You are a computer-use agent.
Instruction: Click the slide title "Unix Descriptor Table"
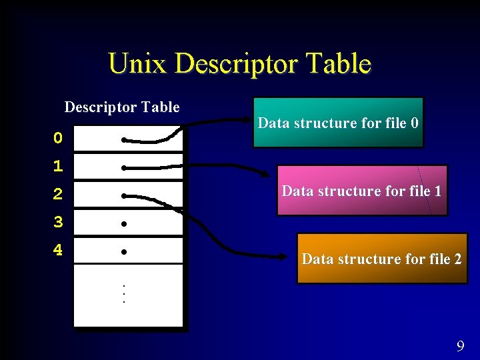coord(239,64)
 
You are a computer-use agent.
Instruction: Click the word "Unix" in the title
coord(137,64)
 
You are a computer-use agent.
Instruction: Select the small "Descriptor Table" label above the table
coord(122,107)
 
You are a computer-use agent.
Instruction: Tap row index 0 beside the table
coord(58,139)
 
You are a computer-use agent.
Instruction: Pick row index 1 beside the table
coord(58,166)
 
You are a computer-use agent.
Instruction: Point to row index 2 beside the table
coord(58,195)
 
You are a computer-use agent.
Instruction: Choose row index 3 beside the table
coord(58,223)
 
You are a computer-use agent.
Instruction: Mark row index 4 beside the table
coord(58,251)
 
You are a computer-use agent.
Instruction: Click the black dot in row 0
coord(124,140)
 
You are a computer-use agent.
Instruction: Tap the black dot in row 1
coord(124,168)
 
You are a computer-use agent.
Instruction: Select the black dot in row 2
coord(124,196)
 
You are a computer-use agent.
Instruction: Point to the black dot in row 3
coord(124,224)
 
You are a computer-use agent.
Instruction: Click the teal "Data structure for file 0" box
coord(338,123)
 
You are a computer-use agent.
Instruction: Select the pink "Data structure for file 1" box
coord(362,191)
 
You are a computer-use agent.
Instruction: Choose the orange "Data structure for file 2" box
coord(382,259)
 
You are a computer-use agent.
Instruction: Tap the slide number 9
coord(460,346)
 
